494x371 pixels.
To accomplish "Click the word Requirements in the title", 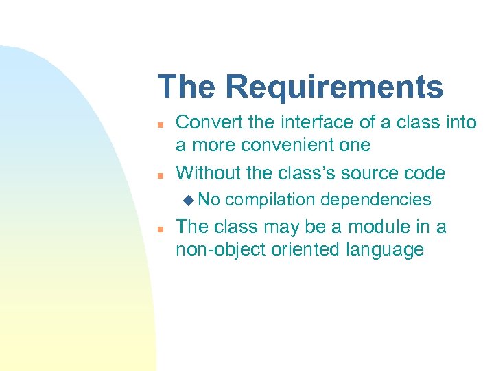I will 334,88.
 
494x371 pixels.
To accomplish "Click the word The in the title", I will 187,87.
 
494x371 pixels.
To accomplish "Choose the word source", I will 381,172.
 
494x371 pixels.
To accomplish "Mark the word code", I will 427,172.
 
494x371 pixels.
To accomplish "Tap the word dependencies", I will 375,200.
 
